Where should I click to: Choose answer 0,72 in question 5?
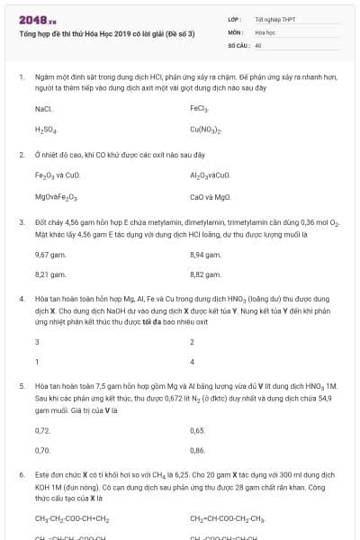(42, 430)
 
